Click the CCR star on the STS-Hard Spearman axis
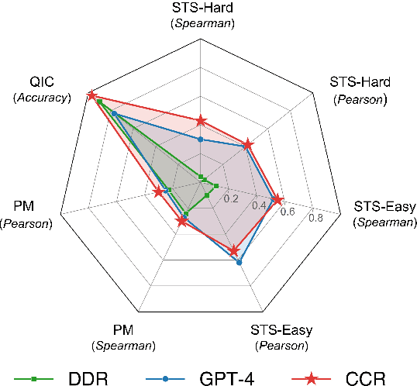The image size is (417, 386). click(201, 121)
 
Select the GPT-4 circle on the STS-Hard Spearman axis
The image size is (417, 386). click(201, 140)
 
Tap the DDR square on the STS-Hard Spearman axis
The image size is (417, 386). click(201, 177)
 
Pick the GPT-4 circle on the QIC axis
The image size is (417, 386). click(114, 113)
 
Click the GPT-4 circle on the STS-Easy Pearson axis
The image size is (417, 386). click(239, 262)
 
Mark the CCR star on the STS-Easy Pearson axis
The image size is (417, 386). click(233, 250)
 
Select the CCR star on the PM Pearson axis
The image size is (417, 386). click(158, 192)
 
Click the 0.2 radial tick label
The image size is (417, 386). click(230, 199)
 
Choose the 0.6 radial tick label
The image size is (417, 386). click(287, 212)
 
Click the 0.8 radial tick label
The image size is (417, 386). click(315, 218)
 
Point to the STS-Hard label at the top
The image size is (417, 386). click(200, 9)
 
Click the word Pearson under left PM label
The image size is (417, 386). click(26, 223)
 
